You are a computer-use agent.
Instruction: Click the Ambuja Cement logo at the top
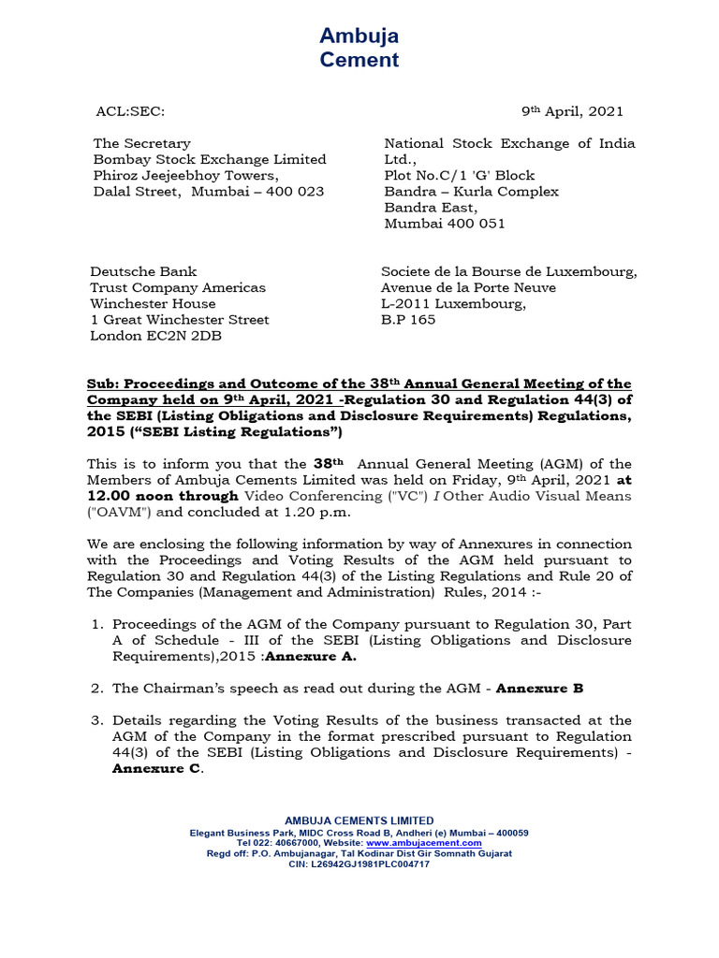click(359, 48)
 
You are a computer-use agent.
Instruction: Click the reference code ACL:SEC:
click(130, 111)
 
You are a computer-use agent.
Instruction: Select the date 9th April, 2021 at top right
click(572, 111)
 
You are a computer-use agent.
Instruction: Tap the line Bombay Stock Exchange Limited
click(210, 159)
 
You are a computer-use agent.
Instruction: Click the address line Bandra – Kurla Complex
click(472, 191)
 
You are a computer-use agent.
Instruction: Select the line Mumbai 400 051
click(445, 224)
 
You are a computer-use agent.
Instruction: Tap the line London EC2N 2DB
click(155, 336)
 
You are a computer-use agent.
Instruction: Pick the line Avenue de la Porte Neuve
click(468, 287)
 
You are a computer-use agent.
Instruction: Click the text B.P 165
click(408, 319)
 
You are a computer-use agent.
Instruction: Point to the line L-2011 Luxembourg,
click(453, 303)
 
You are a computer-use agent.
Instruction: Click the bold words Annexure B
click(539, 688)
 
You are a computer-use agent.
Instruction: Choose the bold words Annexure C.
click(156, 768)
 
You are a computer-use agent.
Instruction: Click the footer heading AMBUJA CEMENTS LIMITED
click(359, 820)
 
